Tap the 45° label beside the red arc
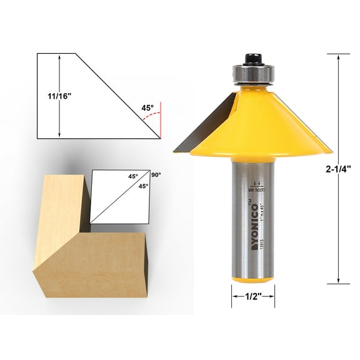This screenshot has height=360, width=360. tap(147, 107)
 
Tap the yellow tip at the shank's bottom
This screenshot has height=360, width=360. tap(253, 279)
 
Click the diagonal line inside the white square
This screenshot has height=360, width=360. tap(121, 196)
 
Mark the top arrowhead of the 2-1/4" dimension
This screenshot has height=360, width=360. tap(338, 57)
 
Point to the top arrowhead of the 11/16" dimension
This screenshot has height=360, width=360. tap(59, 57)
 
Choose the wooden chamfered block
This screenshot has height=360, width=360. tap(87, 250)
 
